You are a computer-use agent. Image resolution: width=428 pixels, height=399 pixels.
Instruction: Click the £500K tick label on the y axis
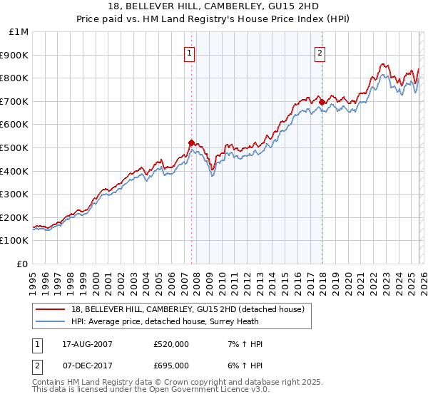[x=14, y=147]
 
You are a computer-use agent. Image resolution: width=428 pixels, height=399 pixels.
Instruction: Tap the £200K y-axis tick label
[x=14, y=217]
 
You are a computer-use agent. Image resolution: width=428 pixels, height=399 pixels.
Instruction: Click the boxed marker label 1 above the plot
[x=190, y=52]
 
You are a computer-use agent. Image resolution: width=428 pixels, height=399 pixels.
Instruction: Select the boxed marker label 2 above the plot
[x=320, y=52]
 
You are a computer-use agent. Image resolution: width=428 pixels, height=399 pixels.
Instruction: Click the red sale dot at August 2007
[x=191, y=143]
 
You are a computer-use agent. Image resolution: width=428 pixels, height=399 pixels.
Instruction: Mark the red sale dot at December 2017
[x=322, y=103]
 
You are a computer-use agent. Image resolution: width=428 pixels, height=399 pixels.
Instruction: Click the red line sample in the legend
[x=51, y=309]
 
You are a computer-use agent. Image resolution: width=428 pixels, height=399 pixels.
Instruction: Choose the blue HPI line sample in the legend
[x=51, y=321]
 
